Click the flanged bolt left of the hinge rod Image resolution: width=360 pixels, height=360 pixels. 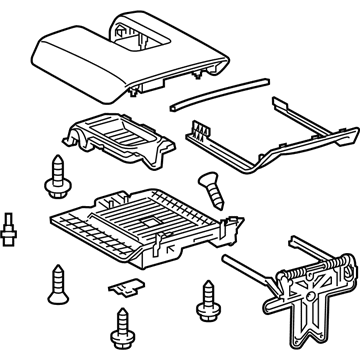pyautogui.click(x=208, y=296)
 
